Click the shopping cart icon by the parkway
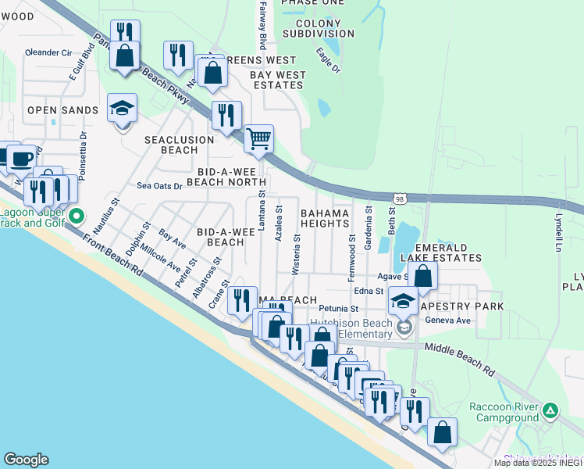[258, 140]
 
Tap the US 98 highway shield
[399, 199]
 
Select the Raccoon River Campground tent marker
[550, 410]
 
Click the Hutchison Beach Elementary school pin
[404, 327]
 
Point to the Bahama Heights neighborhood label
[324, 218]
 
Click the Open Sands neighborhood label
[62, 110]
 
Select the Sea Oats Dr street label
[159, 186]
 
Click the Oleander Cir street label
[48, 52]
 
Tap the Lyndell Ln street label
[558, 232]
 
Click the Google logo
[26, 460]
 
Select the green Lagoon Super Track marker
[76, 215]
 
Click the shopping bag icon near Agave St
[422, 276]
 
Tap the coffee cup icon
[21, 158]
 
